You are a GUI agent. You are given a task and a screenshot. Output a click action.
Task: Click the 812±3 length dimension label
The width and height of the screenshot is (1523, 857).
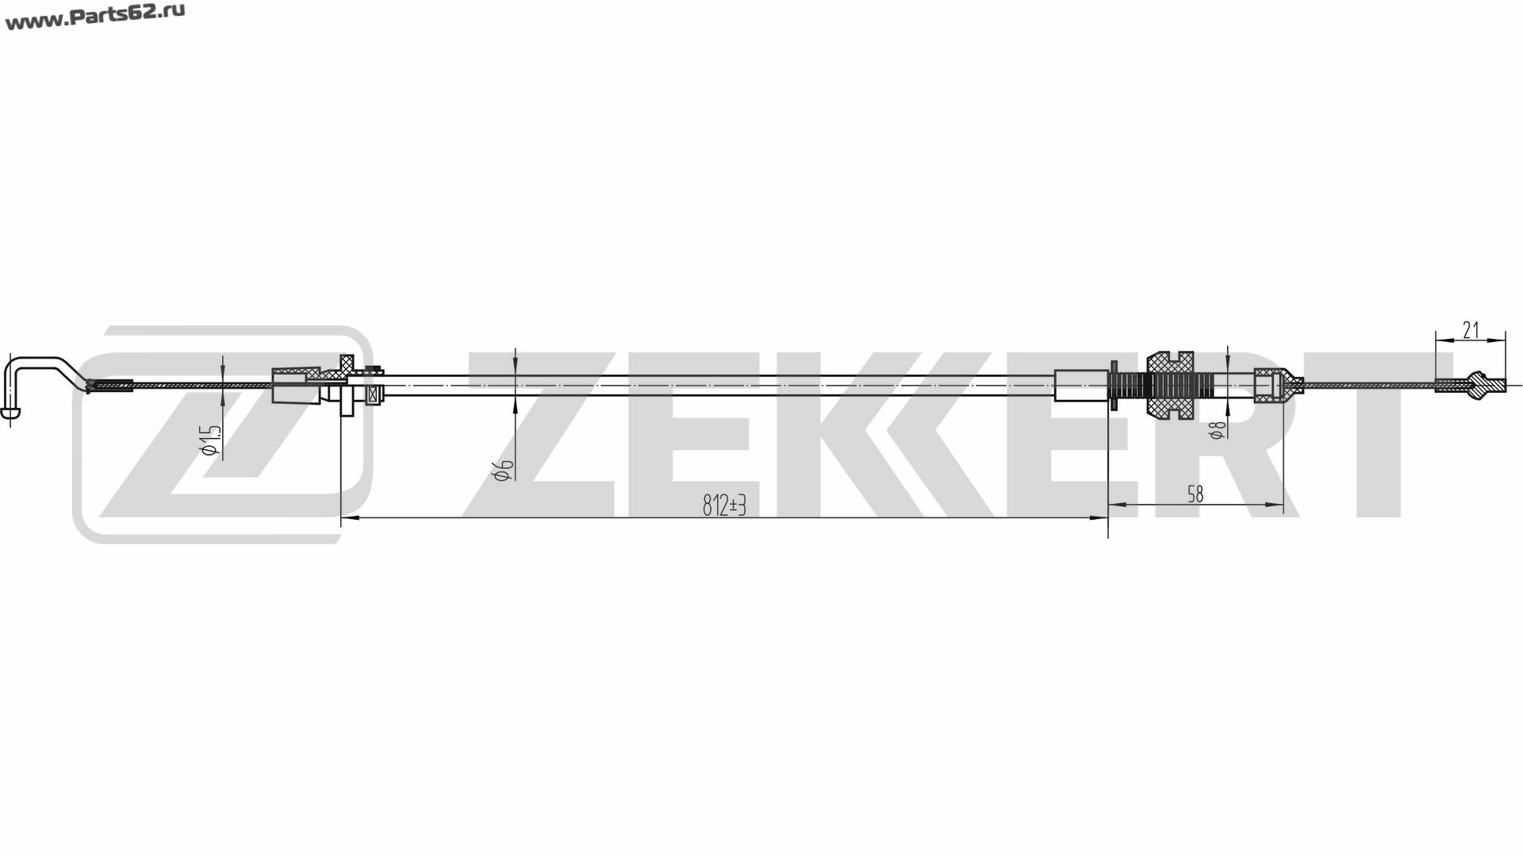(725, 505)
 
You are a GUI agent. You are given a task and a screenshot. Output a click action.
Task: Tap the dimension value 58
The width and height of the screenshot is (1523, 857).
(1195, 494)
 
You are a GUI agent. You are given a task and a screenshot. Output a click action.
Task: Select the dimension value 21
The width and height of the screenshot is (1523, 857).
(1471, 330)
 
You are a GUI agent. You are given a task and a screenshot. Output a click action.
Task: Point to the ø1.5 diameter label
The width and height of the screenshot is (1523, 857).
(211, 440)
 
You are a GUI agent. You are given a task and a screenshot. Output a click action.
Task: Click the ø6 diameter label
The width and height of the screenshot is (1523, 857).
(504, 470)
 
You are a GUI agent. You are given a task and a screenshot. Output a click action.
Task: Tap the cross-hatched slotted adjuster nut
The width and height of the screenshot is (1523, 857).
(1170, 386)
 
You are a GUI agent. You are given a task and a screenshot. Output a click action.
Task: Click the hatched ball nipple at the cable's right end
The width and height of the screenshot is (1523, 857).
(1476, 386)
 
